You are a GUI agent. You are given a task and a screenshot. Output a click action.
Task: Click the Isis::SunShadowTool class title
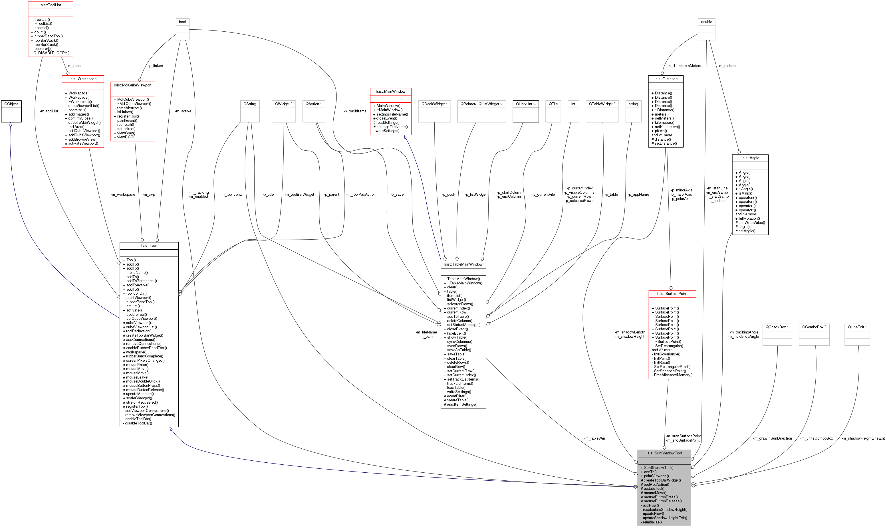pos(664,453)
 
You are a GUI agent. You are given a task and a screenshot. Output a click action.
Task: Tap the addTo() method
pos(650,472)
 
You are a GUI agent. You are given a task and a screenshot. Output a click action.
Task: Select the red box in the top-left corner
pos(51,29)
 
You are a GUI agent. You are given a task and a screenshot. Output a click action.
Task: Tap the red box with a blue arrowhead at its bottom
pos(390,111)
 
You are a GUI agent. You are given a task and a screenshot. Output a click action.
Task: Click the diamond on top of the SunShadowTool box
pos(664,448)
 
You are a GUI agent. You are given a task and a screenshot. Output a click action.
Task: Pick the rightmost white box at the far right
pos(857,334)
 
